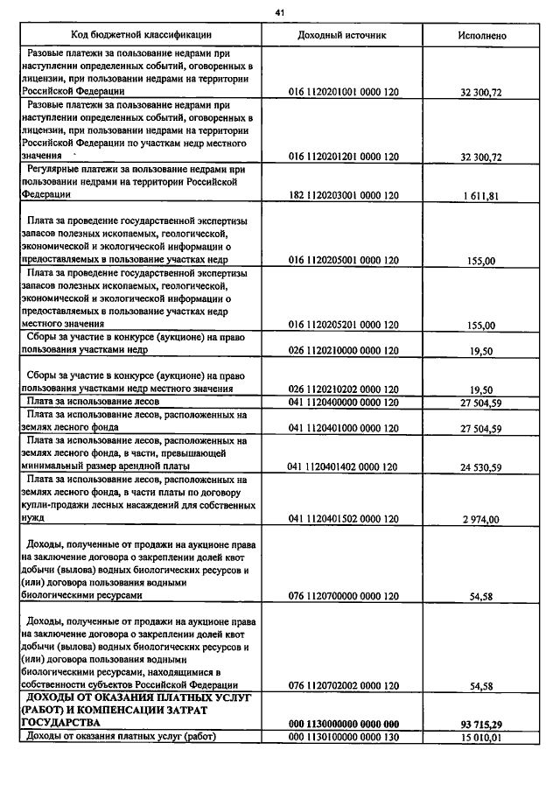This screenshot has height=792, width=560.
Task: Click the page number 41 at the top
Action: coord(280,12)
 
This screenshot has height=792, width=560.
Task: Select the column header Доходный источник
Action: coord(342,35)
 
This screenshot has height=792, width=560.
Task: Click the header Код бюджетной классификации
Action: coord(141,35)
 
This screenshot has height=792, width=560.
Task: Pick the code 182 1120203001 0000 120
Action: coord(343,196)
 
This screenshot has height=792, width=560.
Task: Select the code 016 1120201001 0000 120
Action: coord(343,92)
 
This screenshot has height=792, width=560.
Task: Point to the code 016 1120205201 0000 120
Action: coord(343,325)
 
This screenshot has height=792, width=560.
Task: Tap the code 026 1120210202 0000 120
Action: coord(343,389)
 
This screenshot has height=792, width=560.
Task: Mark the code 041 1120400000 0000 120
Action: coord(343,403)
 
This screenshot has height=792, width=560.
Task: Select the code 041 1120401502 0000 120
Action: coord(343,519)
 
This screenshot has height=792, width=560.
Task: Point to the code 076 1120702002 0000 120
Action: coord(343,685)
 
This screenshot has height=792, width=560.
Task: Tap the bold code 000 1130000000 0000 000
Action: coord(343,725)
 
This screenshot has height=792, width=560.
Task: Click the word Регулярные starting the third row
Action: coord(58,169)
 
